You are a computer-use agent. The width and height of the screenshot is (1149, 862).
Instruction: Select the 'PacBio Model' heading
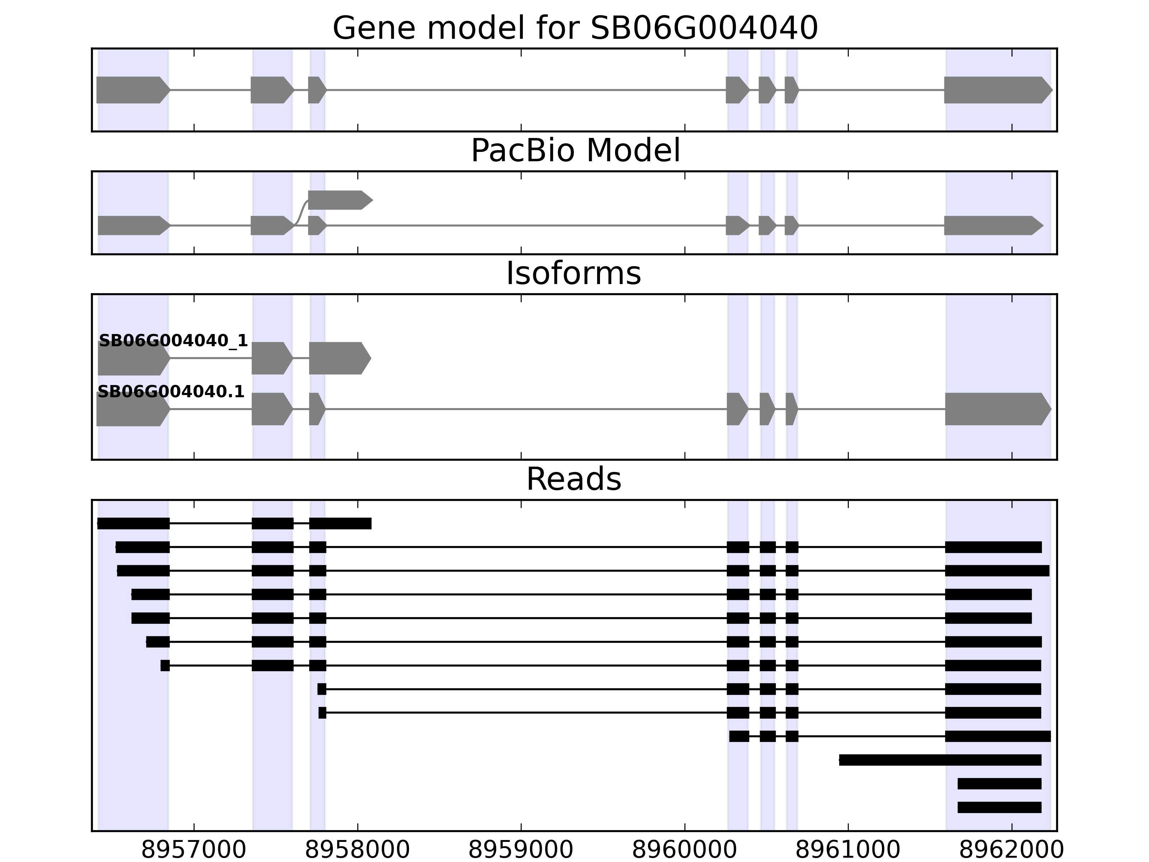575,151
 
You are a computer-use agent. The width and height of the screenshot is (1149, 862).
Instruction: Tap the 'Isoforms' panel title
573,273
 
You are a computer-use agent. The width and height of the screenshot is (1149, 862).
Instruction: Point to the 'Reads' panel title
573,479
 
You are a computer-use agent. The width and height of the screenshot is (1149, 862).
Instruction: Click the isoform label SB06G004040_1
173,341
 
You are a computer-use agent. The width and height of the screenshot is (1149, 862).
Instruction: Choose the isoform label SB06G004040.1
171,392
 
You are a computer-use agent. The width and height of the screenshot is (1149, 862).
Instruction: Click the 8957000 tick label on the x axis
194,851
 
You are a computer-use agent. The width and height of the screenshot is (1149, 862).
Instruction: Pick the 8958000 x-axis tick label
357,851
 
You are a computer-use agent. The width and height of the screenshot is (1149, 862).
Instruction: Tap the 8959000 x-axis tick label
521,851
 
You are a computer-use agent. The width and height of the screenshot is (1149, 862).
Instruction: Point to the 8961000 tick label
848,851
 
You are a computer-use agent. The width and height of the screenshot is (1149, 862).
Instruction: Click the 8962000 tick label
1011,851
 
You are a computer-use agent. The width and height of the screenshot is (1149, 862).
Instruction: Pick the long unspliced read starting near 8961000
940,760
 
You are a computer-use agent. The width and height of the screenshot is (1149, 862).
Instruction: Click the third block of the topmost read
340,523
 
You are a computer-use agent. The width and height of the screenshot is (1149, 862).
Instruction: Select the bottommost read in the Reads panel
999,807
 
